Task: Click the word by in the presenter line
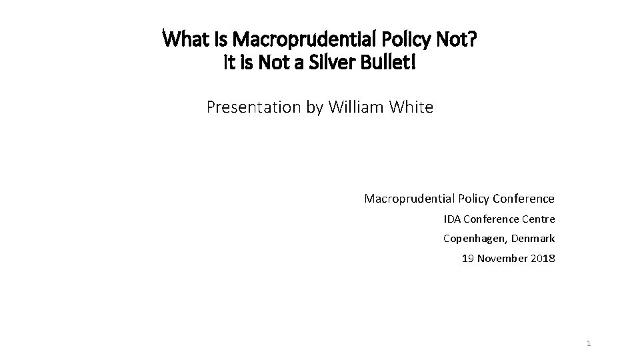tap(315, 107)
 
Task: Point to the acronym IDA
tap(451, 219)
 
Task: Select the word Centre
tap(537, 219)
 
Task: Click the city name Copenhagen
tap(474, 239)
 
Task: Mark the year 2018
tap(543, 258)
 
